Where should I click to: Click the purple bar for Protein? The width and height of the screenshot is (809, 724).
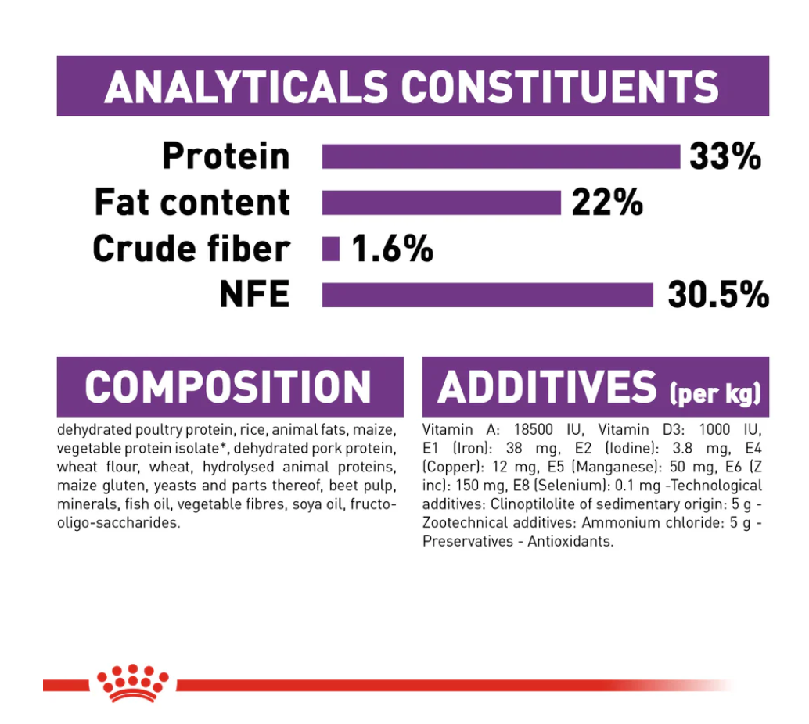point(501,156)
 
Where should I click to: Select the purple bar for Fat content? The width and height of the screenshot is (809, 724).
point(441,203)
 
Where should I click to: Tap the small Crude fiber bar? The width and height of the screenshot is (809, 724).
point(331,249)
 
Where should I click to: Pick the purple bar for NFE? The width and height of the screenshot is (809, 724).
point(487,296)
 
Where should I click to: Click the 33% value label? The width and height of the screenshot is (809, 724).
point(725,156)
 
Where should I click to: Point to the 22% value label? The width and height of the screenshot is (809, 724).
point(607,203)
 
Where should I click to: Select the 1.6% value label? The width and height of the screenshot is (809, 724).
point(392,249)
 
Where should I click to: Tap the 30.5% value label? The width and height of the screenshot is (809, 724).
point(718,296)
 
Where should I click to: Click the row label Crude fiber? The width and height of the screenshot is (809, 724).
point(191,249)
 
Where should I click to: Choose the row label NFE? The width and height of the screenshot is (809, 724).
point(253,296)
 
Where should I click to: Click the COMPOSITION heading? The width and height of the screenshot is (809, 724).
point(228,387)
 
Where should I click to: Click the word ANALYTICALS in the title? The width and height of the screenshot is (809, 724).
point(246,87)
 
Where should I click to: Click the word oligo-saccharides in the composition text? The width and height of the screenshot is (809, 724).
point(118,523)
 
